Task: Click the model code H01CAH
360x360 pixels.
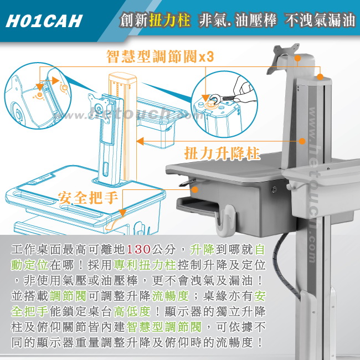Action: coord(44,22)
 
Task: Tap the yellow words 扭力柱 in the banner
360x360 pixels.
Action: coord(169,19)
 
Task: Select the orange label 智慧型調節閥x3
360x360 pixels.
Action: coord(160,56)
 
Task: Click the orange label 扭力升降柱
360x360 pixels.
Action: coord(222,153)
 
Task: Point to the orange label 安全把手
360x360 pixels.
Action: coord(88,198)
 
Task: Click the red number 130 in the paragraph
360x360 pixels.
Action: coord(138,249)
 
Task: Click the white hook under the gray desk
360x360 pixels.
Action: coord(225,220)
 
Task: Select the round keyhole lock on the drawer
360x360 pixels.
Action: coord(274,189)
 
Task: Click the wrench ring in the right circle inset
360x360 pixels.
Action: coord(215,98)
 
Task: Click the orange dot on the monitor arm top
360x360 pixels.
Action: coord(297,58)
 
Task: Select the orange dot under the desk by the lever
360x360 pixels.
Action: coord(195,189)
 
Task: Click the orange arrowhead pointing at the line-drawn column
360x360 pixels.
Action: coord(140,141)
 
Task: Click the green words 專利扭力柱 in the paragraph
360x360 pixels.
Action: coord(145,265)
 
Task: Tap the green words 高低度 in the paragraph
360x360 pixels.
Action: coord(132,312)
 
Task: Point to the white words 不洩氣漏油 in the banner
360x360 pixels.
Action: coord(320,20)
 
